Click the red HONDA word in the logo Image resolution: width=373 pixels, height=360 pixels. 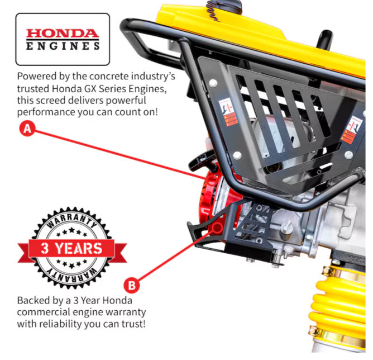[x=63, y=34]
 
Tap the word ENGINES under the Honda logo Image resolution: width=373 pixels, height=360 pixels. [x=63, y=46]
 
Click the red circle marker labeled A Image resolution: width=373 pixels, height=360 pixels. [x=27, y=129]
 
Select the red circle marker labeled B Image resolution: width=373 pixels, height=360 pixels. [x=132, y=285]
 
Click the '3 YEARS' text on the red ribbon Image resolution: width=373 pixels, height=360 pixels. [x=71, y=248]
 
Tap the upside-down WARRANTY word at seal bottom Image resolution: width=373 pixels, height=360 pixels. [x=71, y=276]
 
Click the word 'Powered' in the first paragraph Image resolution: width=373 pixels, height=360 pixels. [x=32, y=77]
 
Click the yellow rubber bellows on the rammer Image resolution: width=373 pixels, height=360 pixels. [x=338, y=307]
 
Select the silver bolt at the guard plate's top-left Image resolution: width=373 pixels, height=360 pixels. [x=213, y=83]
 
